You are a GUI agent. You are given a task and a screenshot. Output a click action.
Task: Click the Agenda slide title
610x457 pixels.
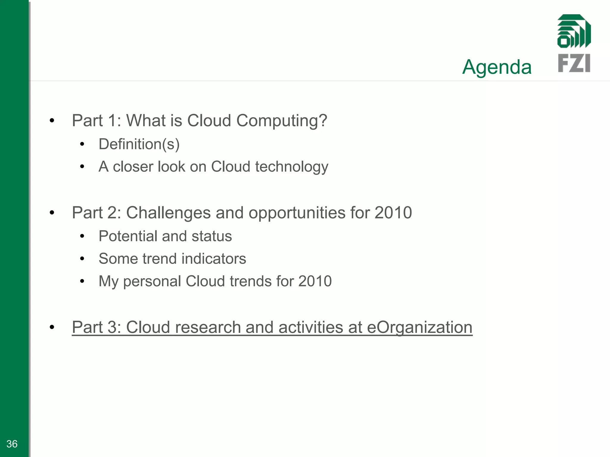click(x=497, y=67)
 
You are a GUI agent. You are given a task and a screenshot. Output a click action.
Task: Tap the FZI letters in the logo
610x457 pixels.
click(x=574, y=63)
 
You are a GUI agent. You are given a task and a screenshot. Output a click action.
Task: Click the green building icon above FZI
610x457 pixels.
click(x=574, y=31)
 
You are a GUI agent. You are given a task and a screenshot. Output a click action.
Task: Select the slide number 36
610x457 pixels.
click(x=12, y=444)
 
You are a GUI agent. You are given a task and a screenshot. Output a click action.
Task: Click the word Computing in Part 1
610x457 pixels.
click(x=281, y=121)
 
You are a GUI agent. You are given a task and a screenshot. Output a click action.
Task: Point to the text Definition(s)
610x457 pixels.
click(x=139, y=144)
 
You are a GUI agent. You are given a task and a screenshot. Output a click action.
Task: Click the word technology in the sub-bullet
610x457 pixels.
click(x=292, y=167)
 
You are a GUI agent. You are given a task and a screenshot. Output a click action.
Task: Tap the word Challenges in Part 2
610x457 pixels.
click(x=168, y=213)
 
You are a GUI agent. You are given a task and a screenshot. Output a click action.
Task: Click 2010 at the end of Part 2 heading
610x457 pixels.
click(x=393, y=213)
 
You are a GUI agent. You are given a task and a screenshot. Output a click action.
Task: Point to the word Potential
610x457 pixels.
click(x=128, y=236)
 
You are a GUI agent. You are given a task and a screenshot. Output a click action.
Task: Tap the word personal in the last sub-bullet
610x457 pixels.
click(x=152, y=281)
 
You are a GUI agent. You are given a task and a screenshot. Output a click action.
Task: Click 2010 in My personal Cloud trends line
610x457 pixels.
click(x=315, y=281)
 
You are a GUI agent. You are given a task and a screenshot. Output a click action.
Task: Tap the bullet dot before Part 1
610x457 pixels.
click(x=52, y=121)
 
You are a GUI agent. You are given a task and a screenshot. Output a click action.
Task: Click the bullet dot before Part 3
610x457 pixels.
click(x=52, y=327)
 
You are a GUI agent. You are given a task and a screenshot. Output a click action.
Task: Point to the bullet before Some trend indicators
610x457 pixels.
click(x=82, y=259)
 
